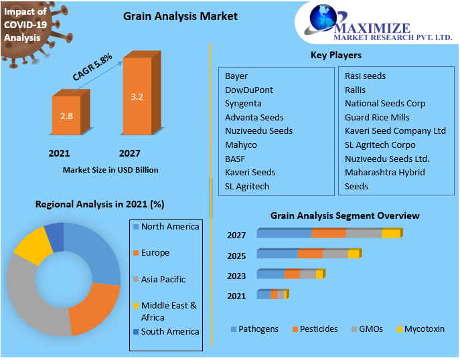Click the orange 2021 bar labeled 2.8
coord(66,116)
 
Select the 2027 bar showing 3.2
coord(137,97)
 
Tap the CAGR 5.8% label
coord(92,67)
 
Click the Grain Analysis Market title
coord(180,15)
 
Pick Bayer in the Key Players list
coord(236,76)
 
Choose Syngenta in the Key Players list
coord(243,104)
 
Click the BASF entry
coord(235,159)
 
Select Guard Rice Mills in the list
coord(377,118)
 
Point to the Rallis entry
coord(355,90)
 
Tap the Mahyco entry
coord(240,145)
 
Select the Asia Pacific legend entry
coord(163,279)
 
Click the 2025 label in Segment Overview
coord(236,256)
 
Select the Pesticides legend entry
coord(318,329)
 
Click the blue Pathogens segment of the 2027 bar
coord(284,234)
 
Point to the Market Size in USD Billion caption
coord(110,170)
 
